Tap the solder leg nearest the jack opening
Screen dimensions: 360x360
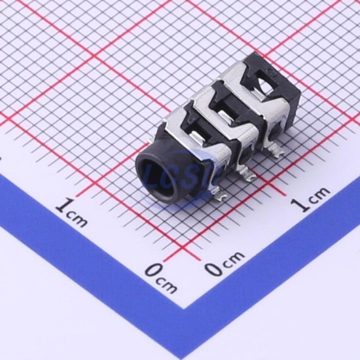point(219,194)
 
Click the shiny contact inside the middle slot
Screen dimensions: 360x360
point(227,115)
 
